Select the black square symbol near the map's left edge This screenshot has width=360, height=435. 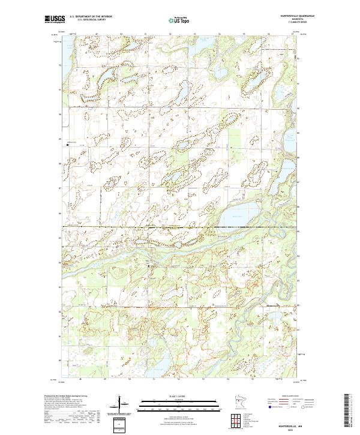click(x=67, y=144)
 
